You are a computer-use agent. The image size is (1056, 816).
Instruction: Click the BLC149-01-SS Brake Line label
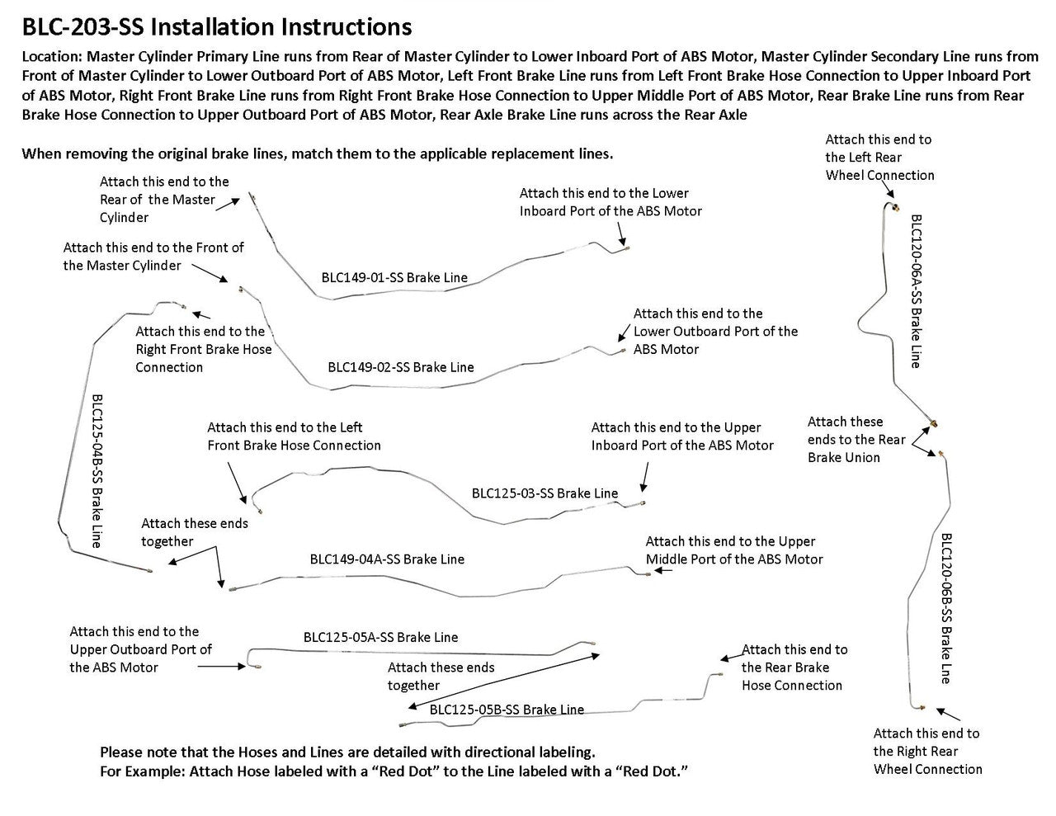click(x=394, y=277)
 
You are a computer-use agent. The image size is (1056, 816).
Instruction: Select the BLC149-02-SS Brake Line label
click(x=400, y=367)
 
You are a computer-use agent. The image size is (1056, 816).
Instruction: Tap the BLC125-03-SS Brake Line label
click(x=544, y=493)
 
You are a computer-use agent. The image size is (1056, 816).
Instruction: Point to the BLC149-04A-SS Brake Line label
click(x=387, y=559)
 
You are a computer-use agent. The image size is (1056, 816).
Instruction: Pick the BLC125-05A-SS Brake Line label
click(x=380, y=637)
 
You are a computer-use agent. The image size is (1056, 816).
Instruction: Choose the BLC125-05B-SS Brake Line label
click(x=507, y=710)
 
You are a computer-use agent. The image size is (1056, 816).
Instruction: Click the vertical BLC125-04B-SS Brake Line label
click(x=97, y=471)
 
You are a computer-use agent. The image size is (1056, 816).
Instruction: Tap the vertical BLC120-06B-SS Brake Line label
click(x=946, y=608)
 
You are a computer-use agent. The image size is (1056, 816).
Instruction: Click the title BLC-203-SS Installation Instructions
click(x=217, y=27)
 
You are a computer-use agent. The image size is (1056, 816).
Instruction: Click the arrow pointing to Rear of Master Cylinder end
click(x=228, y=204)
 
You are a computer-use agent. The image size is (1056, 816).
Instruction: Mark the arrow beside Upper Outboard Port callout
click(x=222, y=667)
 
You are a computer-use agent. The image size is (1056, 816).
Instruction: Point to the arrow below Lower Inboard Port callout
click(x=621, y=234)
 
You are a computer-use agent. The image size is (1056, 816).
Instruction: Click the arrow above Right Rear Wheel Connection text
click(x=948, y=715)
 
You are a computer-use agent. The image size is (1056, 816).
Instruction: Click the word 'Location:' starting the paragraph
click(x=52, y=56)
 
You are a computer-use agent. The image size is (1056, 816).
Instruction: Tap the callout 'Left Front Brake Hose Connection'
click(x=294, y=436)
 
